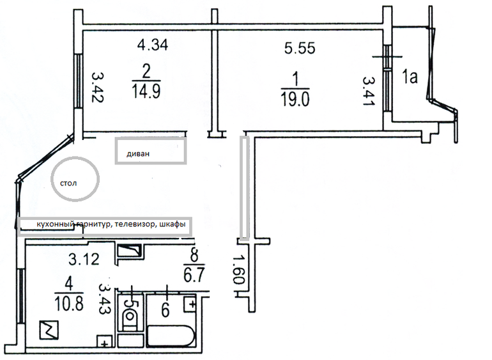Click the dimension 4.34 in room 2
153,45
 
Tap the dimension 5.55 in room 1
300,49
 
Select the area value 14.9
146,91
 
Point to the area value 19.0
295,99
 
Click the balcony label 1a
410,76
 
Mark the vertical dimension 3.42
98,87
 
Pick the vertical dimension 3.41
369,91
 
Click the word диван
138,154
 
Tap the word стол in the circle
68,183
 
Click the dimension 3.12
84,260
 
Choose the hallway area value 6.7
194,274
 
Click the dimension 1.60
238,270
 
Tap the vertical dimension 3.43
105,299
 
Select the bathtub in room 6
170,336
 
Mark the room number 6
165,310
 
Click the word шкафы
173,224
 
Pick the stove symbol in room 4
49,330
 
